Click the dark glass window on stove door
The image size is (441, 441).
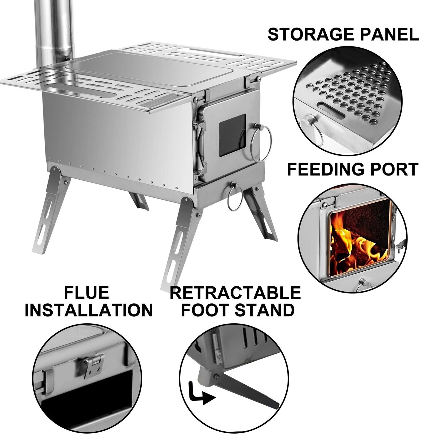click(232, 135)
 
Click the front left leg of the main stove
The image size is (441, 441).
click(179, 241)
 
